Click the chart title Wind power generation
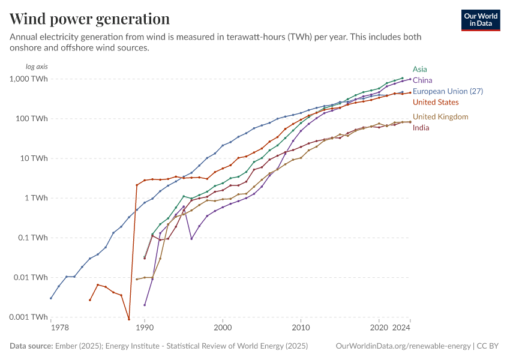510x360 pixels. coord(89,19)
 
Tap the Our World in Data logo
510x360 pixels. coord(480,20)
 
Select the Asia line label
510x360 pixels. coord(420,69)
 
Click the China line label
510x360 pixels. coord(422,80)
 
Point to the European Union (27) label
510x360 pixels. coord(448,91)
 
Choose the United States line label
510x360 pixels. coord(436,102)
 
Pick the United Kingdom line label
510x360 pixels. coord(440,116)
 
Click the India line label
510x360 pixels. coord(421,127)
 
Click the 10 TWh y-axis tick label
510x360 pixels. coord(35,158)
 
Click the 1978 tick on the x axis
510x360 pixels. coord(59,328)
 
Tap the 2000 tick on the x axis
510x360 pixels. coord(223,328)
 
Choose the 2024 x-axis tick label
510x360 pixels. coord(401,328)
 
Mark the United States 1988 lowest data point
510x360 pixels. coord(129,319)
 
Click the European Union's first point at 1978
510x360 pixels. coord(51,298)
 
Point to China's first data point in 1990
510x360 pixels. coord(145,305)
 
